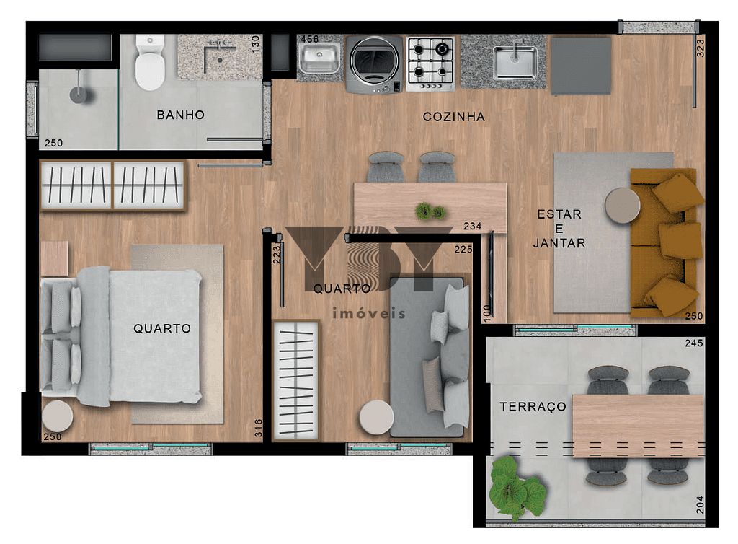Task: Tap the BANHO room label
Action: (x=180, y=115)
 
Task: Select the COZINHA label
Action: (x=453, y=117)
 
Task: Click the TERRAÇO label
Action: (x=533, y=407)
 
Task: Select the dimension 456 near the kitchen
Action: (x=309, y=39)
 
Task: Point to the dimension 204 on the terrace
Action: (x=698, y=504)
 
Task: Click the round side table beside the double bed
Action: (x=57, y=416)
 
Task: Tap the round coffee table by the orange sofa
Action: (x=622, y=206)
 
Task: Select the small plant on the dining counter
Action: (x=430, y=211)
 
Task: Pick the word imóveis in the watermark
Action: (x=368, y=314)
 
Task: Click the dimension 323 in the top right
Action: (x=700, y=48)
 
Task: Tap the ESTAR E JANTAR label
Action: (x=559, y=229)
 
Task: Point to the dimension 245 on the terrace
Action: (x=693, y=343)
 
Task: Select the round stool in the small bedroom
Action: (x=376, y=417)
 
